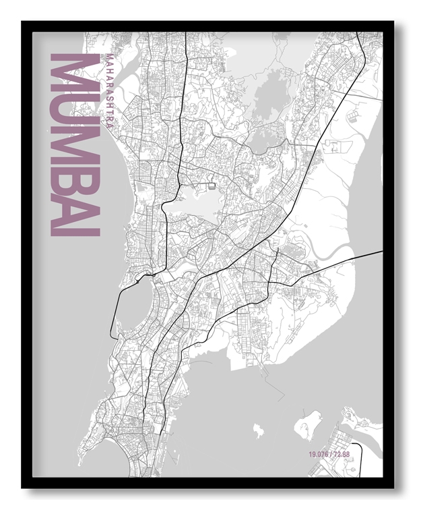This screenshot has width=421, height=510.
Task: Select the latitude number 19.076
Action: [319, 454]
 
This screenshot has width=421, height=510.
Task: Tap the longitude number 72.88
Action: [342, 454]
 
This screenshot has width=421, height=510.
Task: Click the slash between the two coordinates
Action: [331, 454]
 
